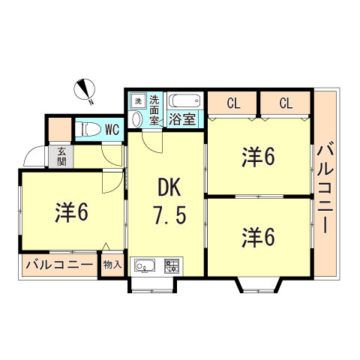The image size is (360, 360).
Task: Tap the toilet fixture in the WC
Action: click(88, 128)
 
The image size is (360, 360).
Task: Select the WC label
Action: click(112, 129)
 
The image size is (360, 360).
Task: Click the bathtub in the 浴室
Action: click(184, 101)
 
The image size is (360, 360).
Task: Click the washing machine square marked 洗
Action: click(138, 100)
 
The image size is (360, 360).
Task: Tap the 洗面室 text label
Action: click(154, 109)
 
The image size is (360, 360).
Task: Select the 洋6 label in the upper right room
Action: click(258, 157)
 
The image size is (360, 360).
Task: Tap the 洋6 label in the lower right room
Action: click(258, 238)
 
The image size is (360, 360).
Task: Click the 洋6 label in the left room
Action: click(72, 212)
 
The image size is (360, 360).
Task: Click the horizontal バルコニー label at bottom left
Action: click(59, 265)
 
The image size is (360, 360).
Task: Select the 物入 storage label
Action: click(112, 265)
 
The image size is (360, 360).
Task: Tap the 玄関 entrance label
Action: click(60, 156)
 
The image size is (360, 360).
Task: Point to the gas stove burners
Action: click(172, 265)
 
